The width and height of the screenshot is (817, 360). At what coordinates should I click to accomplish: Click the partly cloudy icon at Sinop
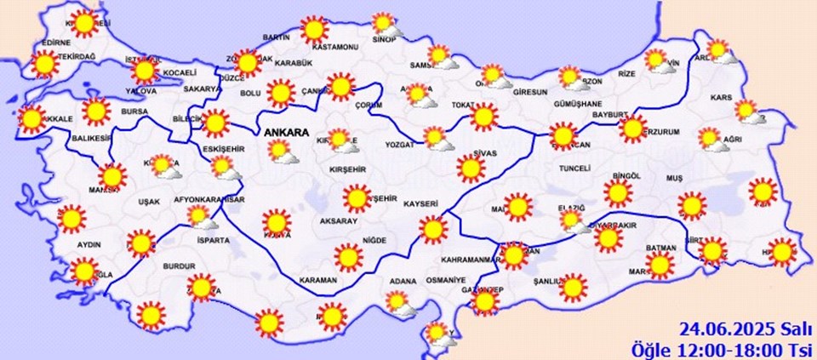click(386, 25)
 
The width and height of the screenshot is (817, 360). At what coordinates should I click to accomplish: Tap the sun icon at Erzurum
click(632, 129)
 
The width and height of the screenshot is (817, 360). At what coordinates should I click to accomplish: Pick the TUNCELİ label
click(574, 169)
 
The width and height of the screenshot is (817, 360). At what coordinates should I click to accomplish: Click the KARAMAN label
click(319, 280)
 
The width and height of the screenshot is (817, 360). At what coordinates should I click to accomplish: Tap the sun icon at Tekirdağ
click(43, 64)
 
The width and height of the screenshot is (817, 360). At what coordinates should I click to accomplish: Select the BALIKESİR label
click(68, 138)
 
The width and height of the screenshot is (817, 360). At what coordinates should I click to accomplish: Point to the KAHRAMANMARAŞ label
click(471, 260)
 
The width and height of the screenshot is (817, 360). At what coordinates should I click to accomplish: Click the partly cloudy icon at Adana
click(398, 302)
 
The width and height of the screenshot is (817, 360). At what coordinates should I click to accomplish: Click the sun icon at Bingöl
click(619, 194)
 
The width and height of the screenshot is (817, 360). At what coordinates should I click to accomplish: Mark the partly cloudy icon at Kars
click(748, 111)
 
